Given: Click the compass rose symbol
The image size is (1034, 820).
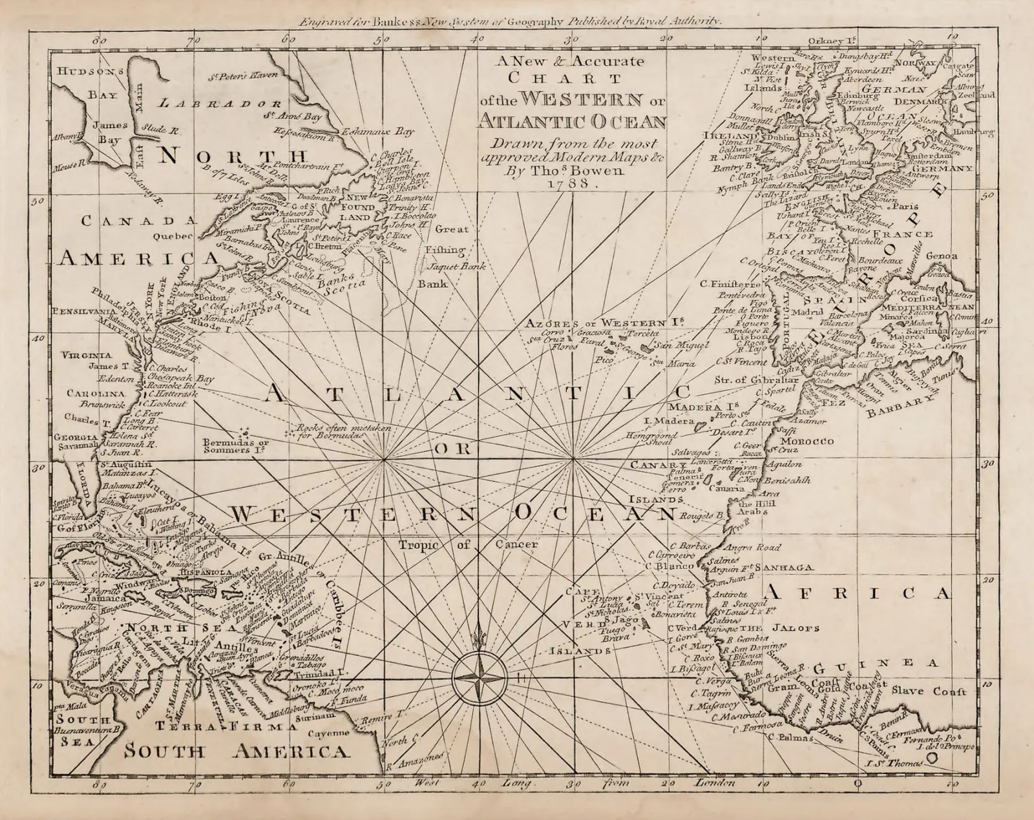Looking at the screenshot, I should pos(479,677).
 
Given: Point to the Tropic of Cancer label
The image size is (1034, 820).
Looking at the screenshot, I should pos(467,545).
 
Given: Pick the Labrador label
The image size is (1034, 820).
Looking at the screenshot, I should pos(220,103).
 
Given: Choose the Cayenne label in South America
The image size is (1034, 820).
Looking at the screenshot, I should pos(328,733).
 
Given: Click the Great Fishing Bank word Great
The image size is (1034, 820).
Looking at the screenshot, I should pos(452,229).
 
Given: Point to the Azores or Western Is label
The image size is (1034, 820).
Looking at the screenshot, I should pos(604,323).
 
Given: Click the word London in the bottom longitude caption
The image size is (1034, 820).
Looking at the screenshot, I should pos(715,783).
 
